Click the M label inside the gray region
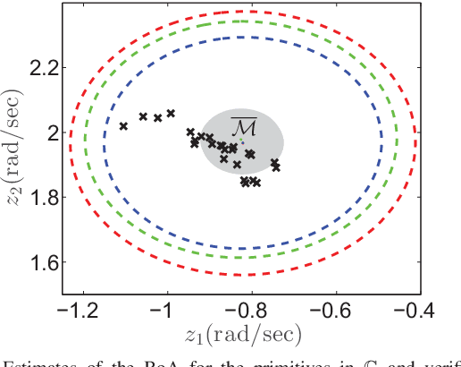(242, 126)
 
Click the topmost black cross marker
(171, 113)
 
